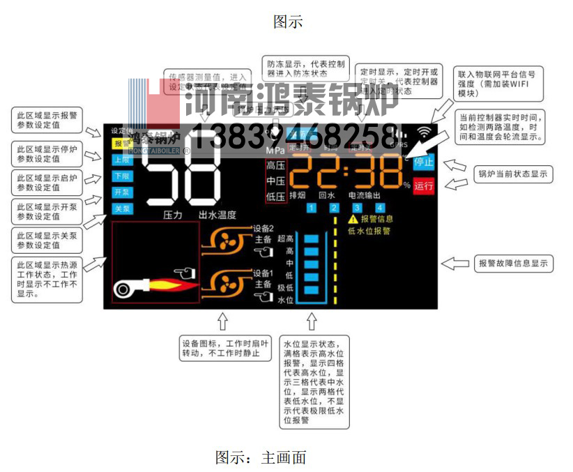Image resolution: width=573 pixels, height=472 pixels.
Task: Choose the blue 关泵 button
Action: (x=121, y=208)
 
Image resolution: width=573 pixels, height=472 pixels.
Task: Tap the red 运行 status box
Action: (x=423, y=186)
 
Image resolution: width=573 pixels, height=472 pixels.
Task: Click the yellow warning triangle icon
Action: (x=353, y=220)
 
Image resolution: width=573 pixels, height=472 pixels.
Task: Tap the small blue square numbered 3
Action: (x=357, y=208)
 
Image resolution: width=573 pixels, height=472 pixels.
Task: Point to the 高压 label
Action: (x=275, y=166)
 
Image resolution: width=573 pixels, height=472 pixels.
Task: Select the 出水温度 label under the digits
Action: (x=217, y=215)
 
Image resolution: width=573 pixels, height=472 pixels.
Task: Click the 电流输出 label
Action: (x=366, y=196)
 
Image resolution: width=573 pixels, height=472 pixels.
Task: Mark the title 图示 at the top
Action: (x=287, y=22)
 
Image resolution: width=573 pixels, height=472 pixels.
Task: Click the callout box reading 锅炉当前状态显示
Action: (x=513, y=174)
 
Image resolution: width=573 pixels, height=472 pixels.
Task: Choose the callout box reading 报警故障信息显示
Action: (x=514, y=263)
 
